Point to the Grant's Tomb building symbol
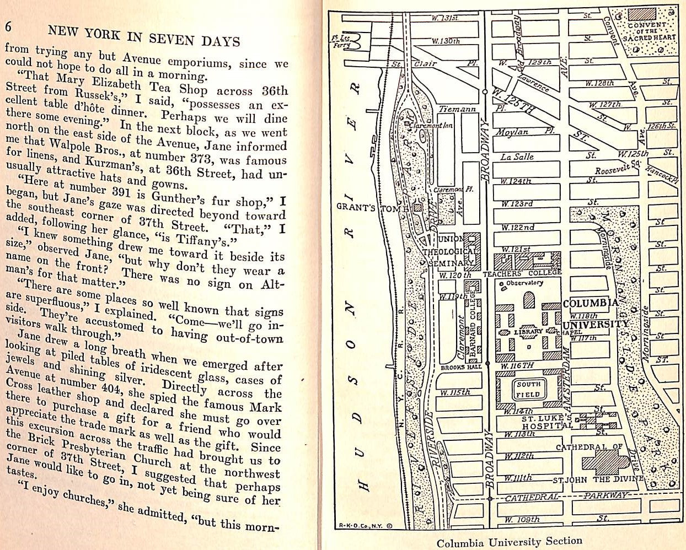click(x=418, y=208)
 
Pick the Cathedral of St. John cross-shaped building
click(x=604, y=462)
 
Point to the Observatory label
click(x=524, y=283)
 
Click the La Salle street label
click(x=517, y=157)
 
